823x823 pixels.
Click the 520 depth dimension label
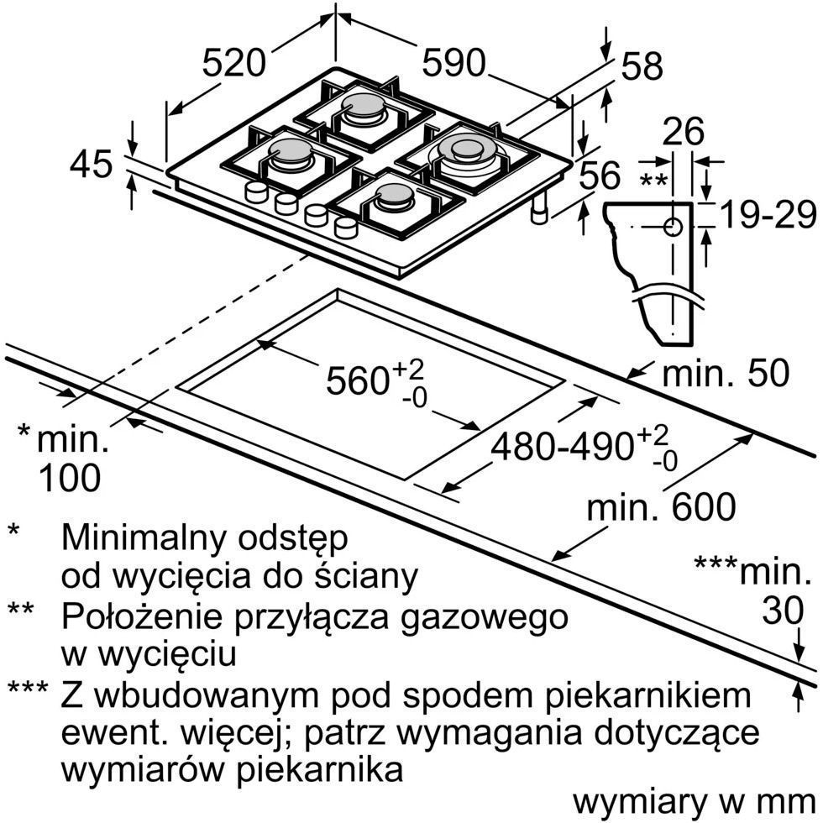234,62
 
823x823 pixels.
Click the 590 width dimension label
453,62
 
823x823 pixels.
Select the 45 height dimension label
91,164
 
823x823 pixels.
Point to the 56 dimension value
600,176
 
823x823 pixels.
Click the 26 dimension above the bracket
683,132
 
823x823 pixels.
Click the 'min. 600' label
661,506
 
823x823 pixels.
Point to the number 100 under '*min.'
70,478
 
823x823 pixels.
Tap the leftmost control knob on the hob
256,192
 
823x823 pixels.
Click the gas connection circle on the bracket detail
673,226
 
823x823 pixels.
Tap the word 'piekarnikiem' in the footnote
647,695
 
